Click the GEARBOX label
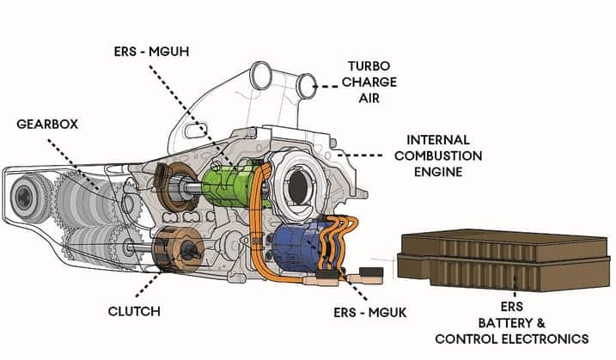(x=47, y=124)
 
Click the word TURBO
(x=369, y=65)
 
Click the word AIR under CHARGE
(x=370, y=98)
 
